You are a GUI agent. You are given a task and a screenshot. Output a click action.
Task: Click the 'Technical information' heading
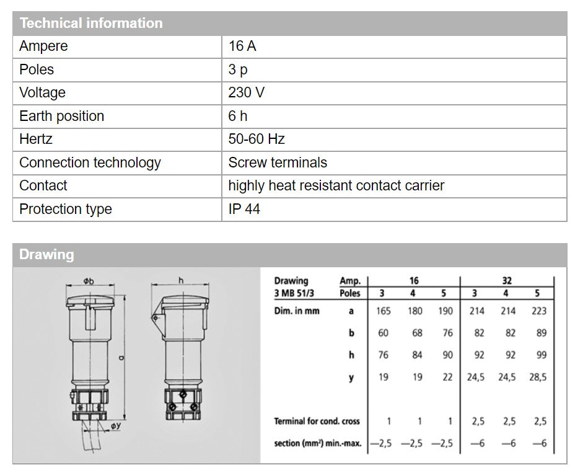point(91,24)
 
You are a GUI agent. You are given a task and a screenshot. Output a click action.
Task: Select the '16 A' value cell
point(242,47)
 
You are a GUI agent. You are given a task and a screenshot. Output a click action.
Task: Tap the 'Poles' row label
point(37,69)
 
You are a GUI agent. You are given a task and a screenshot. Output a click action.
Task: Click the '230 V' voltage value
point(246,93)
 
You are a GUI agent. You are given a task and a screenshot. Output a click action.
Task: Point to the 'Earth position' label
point(61,116)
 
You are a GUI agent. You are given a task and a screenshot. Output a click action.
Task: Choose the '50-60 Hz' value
point(257,139)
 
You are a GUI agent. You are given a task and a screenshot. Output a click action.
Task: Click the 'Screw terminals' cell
point(278,162)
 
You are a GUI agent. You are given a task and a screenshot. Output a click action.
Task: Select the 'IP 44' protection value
point(244,209)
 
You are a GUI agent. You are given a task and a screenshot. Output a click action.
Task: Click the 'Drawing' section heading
point(46,254)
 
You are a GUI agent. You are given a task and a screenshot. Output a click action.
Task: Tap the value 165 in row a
point(384,311)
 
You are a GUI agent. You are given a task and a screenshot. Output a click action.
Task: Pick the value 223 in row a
point(538,311)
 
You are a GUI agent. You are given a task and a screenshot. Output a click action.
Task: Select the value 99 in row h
point(541,355)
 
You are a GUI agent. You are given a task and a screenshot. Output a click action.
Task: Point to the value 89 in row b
point(541,333)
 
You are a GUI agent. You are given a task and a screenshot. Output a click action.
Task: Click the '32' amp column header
point(507,281)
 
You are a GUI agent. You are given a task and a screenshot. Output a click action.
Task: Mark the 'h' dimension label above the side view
point(181,281)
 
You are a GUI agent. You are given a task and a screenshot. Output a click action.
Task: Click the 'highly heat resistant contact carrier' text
point(336,185)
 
